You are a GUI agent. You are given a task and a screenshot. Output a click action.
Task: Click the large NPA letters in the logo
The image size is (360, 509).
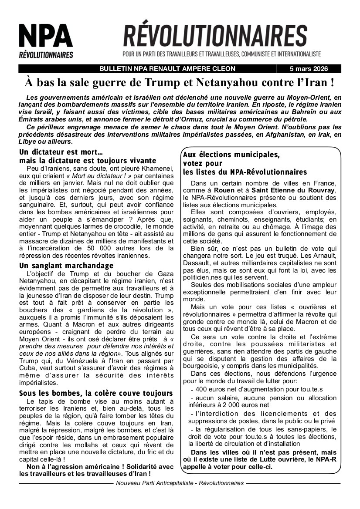click(45, 36)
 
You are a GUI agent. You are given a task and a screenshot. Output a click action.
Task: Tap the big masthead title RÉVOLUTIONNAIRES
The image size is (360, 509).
click(215, 36)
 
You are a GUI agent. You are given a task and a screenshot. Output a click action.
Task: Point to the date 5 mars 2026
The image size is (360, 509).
click(309, 69)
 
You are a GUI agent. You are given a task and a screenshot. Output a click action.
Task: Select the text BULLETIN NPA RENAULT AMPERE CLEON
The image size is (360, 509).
click(167, 69)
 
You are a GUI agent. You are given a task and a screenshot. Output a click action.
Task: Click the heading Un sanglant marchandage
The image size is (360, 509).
click(66, 266)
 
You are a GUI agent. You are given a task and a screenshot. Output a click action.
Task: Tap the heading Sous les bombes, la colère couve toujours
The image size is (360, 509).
click(96, 393)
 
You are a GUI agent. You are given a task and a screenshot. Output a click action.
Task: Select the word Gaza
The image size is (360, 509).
click(164, 273)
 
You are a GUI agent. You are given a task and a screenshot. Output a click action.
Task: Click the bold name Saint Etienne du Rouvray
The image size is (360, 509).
click(292, 191)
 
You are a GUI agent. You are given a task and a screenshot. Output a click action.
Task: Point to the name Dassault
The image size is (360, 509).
click(195, 263)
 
